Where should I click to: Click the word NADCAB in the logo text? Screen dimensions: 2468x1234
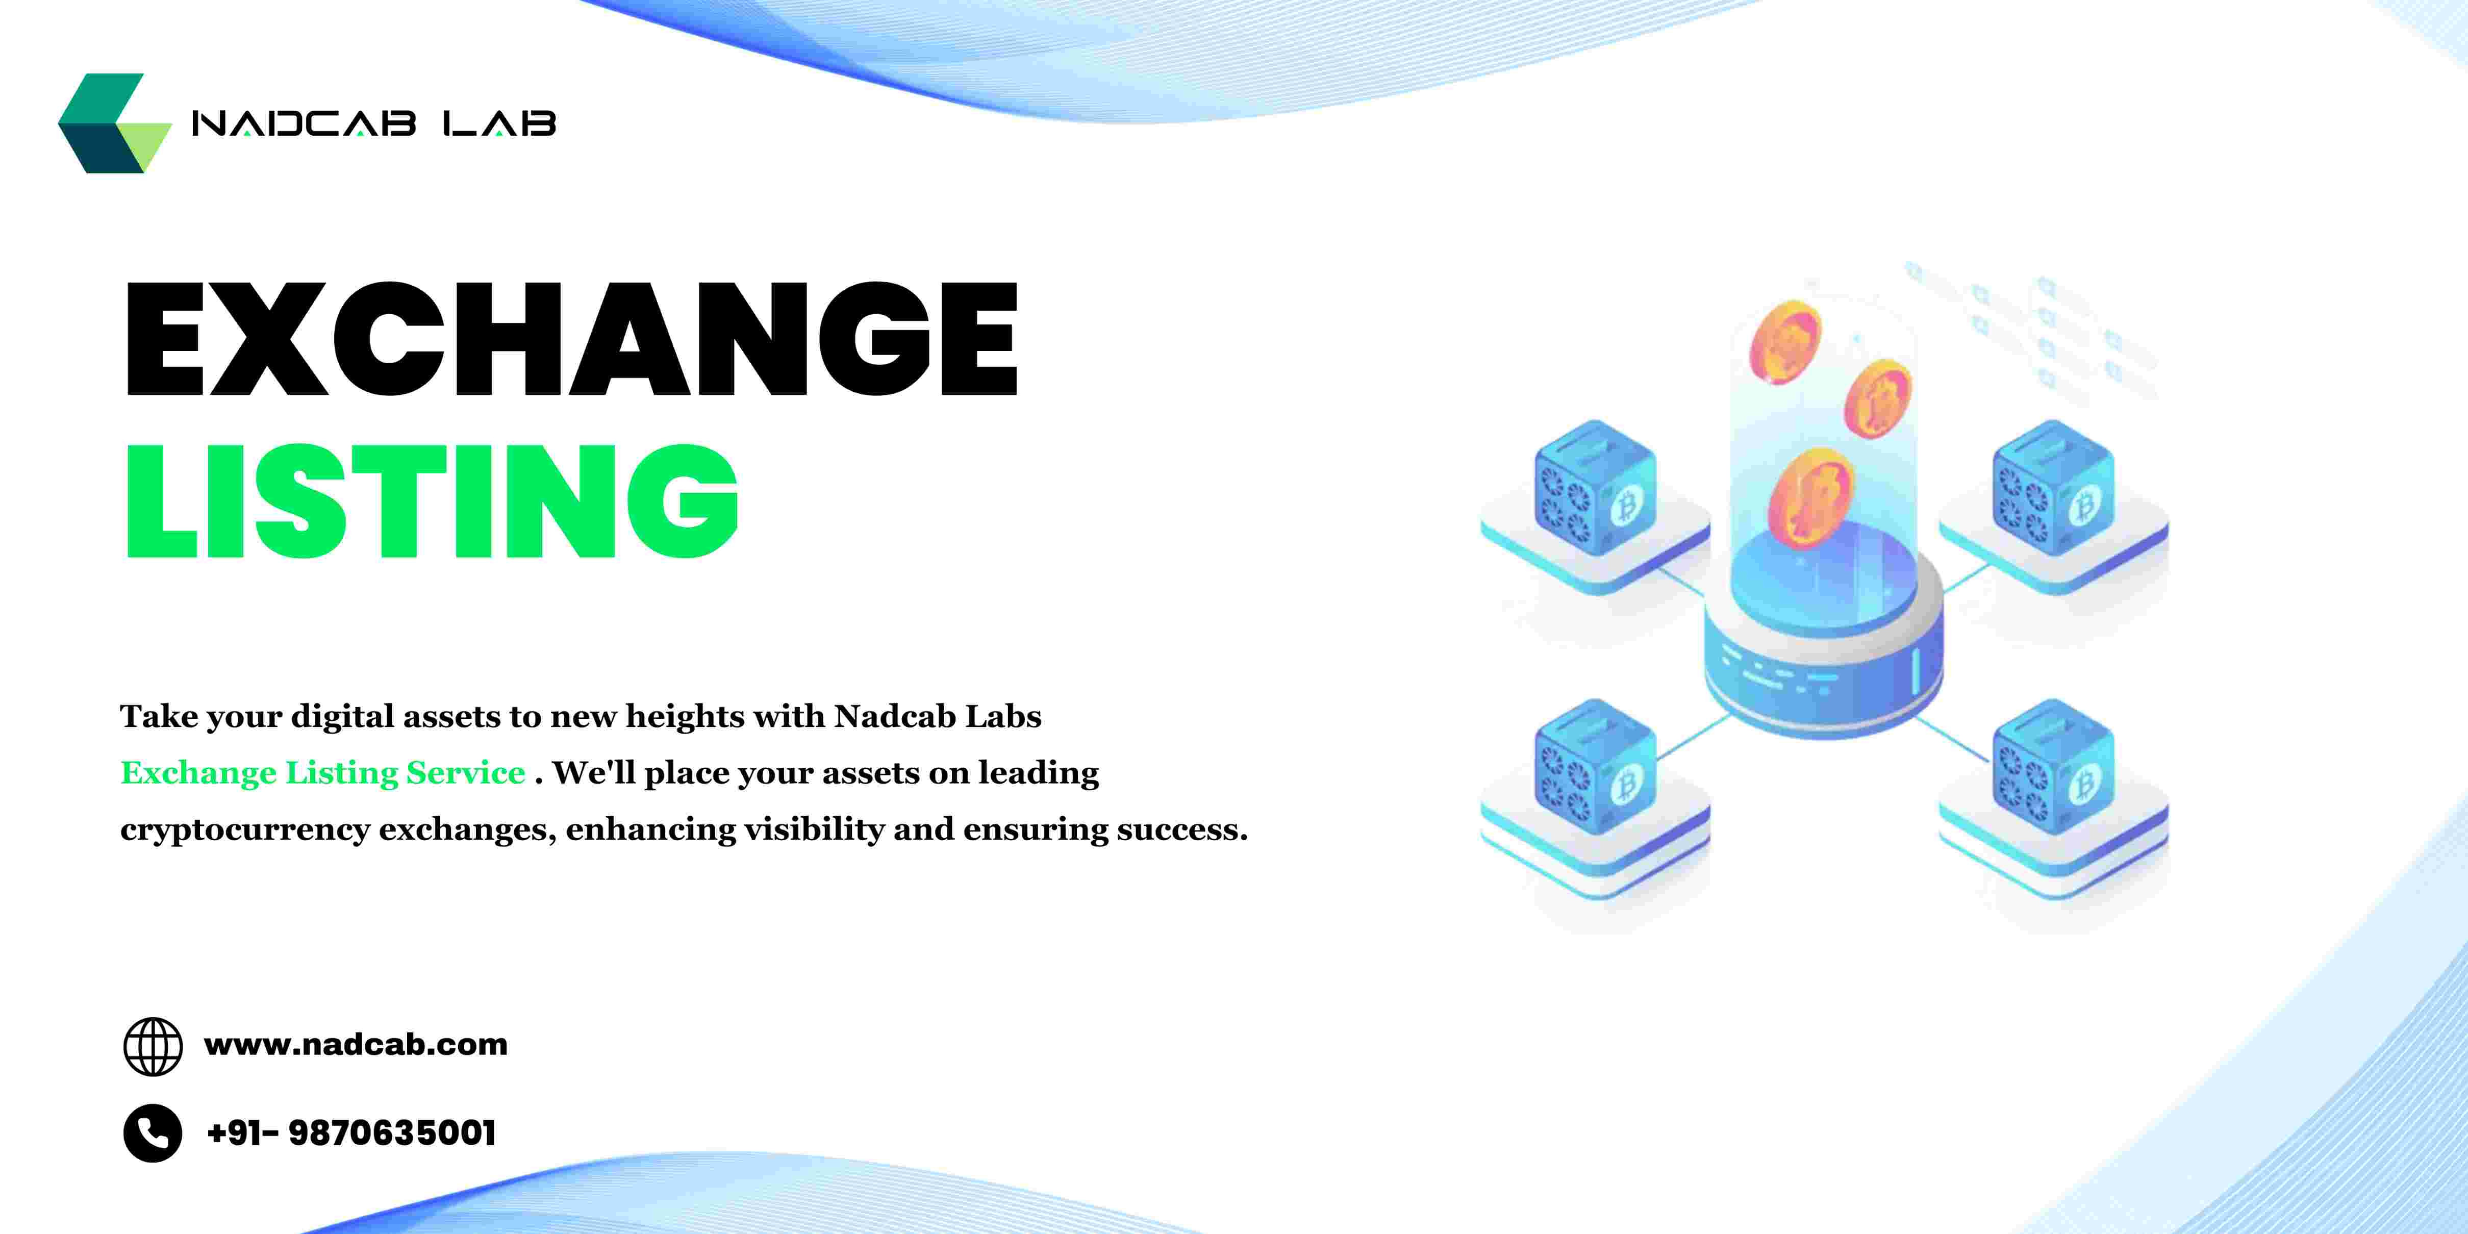point(304,123)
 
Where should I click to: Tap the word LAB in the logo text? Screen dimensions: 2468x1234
point(499,123)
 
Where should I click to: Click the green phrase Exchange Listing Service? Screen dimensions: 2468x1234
point(323,772)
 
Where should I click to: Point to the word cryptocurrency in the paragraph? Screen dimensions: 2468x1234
point(244,829)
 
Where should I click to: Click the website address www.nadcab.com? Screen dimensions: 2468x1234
point(356,1044)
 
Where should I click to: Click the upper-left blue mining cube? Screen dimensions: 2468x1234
point(1595,489)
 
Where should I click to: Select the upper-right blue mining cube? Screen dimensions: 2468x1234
point(2053,489)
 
